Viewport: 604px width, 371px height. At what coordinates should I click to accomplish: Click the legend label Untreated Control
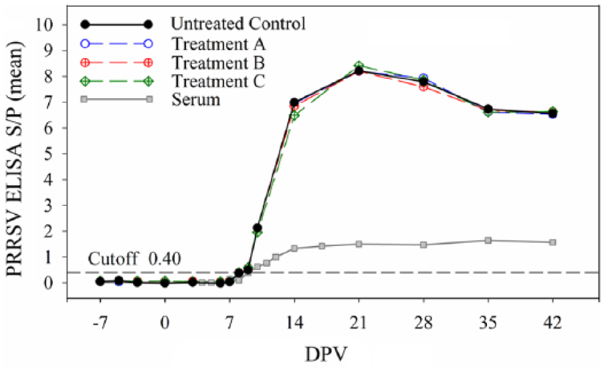coord(238,24)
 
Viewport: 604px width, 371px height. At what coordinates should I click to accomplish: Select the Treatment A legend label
coord(219,44)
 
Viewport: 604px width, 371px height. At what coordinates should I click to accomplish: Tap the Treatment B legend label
coord(218,63)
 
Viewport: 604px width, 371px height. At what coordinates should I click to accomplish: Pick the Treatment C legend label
coord(219,81)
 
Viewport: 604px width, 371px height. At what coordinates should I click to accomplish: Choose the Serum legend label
coord(196,100)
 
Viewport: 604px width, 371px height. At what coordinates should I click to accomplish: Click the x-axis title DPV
coord(326,354)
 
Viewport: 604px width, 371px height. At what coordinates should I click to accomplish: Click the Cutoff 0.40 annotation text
coord(134,259)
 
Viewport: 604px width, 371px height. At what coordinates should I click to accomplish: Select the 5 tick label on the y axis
coord(49,154)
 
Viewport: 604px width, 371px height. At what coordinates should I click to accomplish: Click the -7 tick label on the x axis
coord(100,322)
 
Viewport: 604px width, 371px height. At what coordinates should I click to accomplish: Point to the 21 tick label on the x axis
coord(359,322)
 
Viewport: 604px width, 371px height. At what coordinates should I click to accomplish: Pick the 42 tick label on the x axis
coord(552,322)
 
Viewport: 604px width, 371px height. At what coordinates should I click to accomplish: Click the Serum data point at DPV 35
coord(488,241)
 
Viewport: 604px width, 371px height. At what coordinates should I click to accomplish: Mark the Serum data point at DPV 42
coord(552,243)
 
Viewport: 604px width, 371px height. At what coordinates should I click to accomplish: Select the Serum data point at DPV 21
coord(359,244)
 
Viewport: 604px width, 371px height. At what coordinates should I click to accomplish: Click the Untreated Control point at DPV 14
coord(294,102)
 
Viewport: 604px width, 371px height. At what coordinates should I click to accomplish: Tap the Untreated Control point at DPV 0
coord(165,283)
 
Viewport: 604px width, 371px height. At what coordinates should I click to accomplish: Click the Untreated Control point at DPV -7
coord(100,281)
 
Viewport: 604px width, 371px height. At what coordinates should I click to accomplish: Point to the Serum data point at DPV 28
coord(423,245)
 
